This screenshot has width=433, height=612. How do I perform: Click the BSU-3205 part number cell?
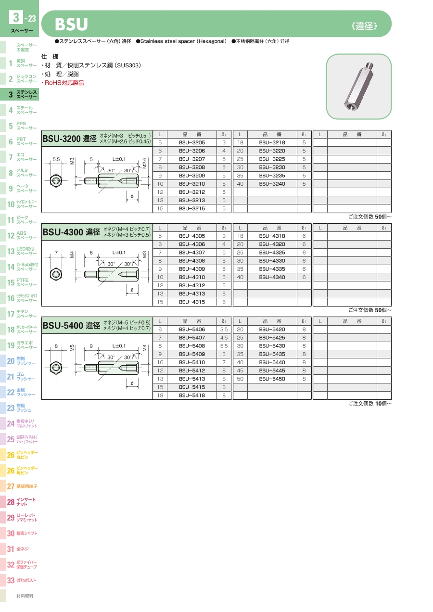point(192,142)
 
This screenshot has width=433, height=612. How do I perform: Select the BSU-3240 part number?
point(272,184)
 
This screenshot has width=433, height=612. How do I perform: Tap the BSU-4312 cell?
point(192,285)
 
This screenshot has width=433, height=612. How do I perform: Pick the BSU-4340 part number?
point(272,277)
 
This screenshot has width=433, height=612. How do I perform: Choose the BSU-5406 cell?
point(192,330)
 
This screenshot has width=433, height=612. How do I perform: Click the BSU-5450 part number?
point(272,379)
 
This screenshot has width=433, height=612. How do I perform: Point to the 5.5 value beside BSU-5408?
point(224,346)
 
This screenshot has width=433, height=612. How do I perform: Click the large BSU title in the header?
point(71,25)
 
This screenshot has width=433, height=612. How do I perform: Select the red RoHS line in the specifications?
point(63,83)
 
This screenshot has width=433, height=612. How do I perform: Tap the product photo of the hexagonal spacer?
point(359,86)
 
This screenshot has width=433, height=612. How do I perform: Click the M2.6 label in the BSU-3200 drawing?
point(144,163)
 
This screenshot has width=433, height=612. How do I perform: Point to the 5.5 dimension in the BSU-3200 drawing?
point(56,159)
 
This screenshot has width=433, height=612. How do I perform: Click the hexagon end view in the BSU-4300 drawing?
point(56,274)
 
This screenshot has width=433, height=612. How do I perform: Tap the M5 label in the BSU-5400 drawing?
point(72,348)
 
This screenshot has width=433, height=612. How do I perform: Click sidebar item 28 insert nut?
point(21,502)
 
